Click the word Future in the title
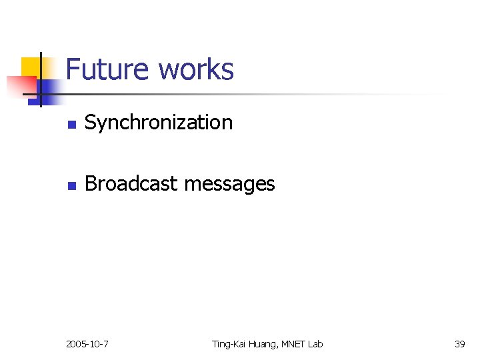[x=107, y=69]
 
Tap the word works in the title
[x=196, y=69]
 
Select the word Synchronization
[x=159, y=123]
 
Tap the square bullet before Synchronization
[x=73, y=124]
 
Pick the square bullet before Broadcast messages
[x=73, y=185]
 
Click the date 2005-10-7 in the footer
[x=87, y=344]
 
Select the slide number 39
[x=459, y=344]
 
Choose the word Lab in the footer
[x=316, y=344]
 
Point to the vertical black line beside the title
[x=40, y=79]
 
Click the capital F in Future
[x=73, y=69]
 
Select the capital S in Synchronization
[x=90, y=123]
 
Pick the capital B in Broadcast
[x=90, y=183]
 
